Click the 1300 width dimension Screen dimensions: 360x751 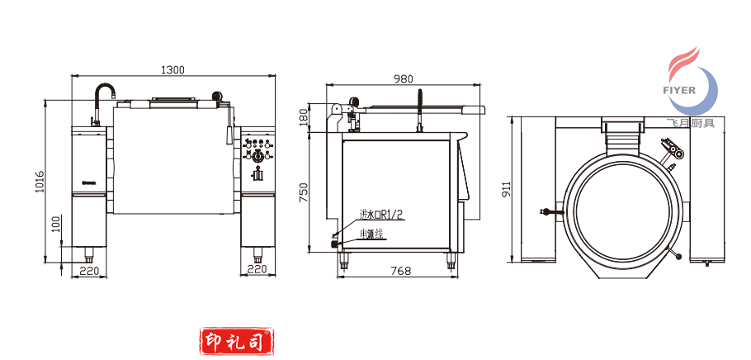pyautogui.click(x=172, y=69)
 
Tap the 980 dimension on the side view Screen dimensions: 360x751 pyautogui.click(x=403, y=79)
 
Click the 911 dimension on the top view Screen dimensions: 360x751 pyautogui.click(x=506, y=189)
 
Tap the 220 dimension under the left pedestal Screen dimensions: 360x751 pyautogui.click(x=89, y=270)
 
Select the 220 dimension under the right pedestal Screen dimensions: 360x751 pyautogui.click(x=257, y=270)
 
